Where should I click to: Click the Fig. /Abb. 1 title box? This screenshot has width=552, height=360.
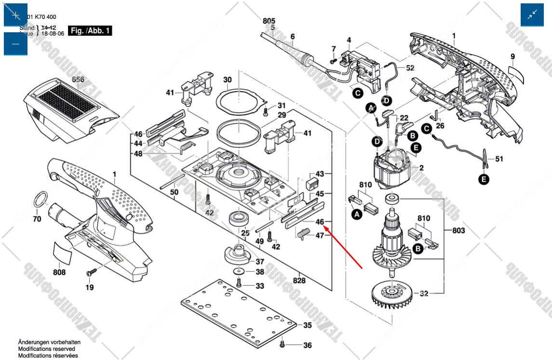click(90, 31)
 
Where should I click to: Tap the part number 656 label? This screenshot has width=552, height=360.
click(78, 80)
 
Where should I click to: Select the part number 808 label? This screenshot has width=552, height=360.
click(59, 272)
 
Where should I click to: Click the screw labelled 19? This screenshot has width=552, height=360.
click(90, 273)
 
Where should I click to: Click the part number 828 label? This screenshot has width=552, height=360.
click(299, 280)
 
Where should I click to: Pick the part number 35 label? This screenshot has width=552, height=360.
click(308, 325)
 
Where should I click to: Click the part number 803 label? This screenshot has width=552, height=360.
click(458, 231)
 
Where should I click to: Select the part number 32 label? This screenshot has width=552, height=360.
click(424, 293)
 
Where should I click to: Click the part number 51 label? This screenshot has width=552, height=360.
click(498, 159)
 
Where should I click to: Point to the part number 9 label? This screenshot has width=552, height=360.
click(513, 57)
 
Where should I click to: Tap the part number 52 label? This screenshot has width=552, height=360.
click(410, 68)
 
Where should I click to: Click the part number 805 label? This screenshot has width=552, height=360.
click(269, 21)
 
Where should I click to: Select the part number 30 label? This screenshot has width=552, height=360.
click(228, 80)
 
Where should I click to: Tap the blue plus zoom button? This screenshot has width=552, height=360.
click(16, 15)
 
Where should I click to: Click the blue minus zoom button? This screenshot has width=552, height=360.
click(16, 44)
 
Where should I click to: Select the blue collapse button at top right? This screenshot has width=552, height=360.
click(532, 15)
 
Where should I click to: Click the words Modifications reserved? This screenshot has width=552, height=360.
click(46, 349)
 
